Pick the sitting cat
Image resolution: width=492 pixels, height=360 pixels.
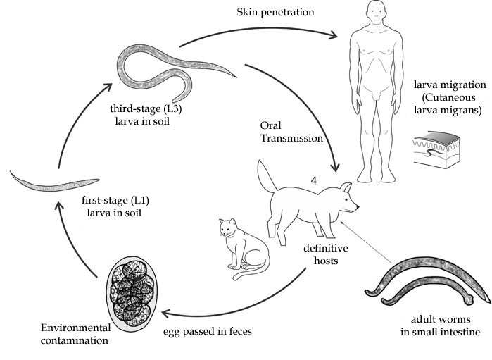pyautogui.click(x=242, y=250)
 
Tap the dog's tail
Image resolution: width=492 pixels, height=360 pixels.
pyautogui.click(x=266, y=176)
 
